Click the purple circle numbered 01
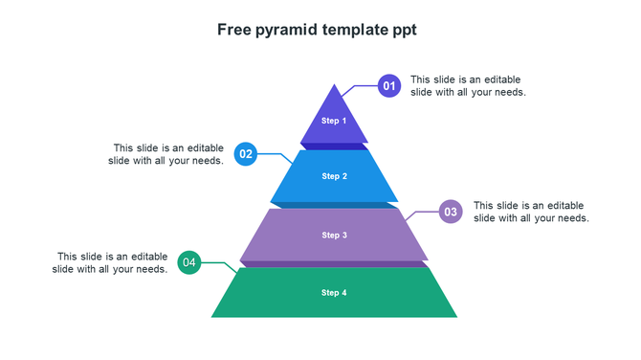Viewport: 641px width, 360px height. pos(389,86)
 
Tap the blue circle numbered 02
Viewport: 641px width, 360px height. pos(246,153)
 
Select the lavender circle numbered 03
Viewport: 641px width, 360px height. pos(451,212)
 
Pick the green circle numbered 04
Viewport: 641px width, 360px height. pos(189,262)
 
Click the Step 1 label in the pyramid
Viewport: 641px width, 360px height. pos(334,121)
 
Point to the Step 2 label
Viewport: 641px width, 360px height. pos(334,176)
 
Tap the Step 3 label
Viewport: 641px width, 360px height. pos(334,236)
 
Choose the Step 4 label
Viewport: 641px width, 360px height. pos(334,293)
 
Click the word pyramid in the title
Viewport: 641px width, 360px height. pos(286,30)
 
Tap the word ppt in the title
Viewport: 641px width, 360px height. pos(405,30)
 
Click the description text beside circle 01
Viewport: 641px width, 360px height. pos(468,86)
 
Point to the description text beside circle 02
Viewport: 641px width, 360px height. pos(166,154)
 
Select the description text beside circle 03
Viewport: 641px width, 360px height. pos(531,212)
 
